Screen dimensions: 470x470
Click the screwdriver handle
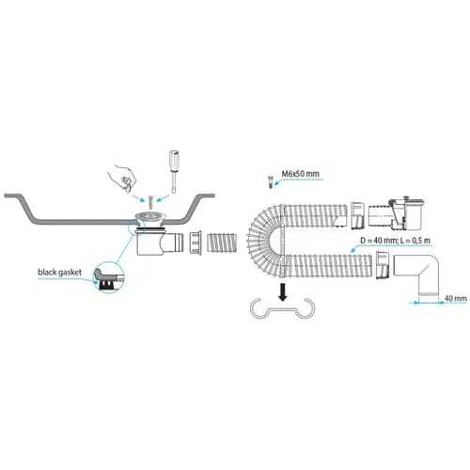click(174, 160)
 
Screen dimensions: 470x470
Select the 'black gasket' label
click(59, 272)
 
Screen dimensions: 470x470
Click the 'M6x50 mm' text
click(300, 173)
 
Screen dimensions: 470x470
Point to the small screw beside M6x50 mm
click(270, 181)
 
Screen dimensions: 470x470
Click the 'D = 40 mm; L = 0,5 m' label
click(395, 241)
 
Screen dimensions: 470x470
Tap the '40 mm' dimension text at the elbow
click(456, 298)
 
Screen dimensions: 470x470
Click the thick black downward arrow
click(283, 291)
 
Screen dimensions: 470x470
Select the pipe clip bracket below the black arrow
click(282, 309)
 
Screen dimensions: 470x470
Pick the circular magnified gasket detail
click(108, 277)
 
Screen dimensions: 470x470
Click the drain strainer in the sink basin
click(149, 217)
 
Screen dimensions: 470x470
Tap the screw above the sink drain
click(149, 202)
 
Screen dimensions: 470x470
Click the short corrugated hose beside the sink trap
click(222, 243)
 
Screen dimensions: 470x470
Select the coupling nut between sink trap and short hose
click(196, 243)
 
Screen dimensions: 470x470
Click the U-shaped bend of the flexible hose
click(263, 242)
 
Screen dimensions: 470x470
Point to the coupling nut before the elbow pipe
click(382, 265)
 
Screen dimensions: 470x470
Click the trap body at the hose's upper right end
click(396, 213)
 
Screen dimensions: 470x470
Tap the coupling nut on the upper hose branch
click(357, 215)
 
